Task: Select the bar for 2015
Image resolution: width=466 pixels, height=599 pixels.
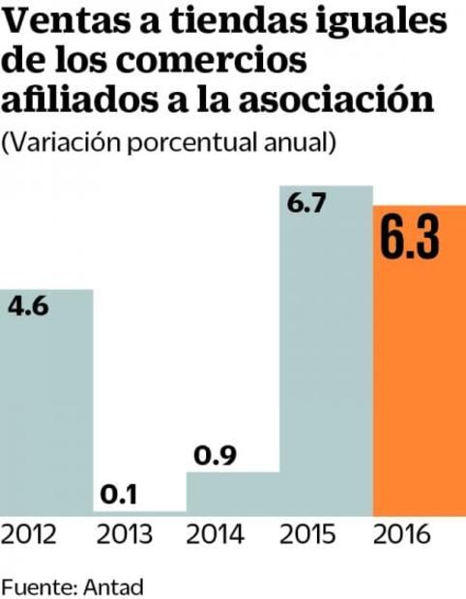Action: (x=325, y=367)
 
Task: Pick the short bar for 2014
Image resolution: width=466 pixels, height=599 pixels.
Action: (x=232, y=493)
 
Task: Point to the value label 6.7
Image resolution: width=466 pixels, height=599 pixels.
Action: (x=306, y=204)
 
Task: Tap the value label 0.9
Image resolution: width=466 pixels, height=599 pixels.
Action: (x=212, y=454)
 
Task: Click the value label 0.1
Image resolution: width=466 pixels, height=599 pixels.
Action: (x=119, y=495)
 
